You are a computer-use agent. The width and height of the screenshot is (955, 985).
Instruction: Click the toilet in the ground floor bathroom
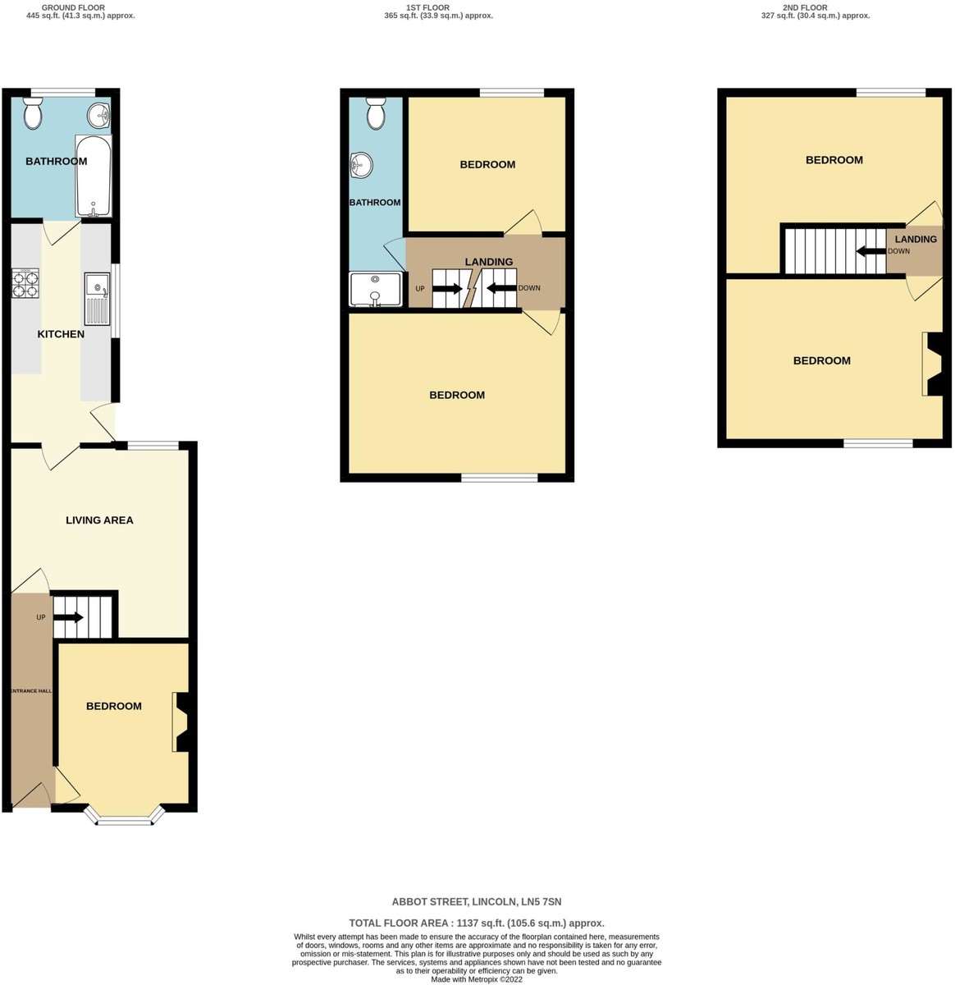(x=33, y=112)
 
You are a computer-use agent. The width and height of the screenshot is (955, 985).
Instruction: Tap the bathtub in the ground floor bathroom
(x=93, y=176)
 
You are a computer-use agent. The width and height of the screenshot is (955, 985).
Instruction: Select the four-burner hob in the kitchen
(x=25, y=283)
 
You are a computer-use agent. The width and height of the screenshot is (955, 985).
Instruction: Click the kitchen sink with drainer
(x=98, y=299)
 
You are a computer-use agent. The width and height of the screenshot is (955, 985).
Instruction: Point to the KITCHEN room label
(x=61, y=334)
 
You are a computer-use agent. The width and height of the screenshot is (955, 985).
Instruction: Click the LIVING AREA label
(x=99, y=520)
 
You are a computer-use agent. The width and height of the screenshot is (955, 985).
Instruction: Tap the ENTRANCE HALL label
(x=31, y=690)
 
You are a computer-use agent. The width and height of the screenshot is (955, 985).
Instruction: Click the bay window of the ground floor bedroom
(x=125, y=816)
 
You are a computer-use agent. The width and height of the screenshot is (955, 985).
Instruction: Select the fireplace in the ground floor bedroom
(x=180, y=722)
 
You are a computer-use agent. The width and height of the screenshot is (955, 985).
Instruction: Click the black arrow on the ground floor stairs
(x=69, y=617)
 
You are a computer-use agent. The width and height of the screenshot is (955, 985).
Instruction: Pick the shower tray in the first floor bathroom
(x=375, y=289)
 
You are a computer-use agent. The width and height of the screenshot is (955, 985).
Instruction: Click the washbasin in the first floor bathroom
(x=361, y=165)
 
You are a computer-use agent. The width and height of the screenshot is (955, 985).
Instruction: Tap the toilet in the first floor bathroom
(x=376, y=112)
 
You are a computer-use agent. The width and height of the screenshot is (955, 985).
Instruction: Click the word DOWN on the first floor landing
(x=529, y=288)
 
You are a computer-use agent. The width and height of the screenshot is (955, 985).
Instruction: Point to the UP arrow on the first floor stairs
(x=448, y=289)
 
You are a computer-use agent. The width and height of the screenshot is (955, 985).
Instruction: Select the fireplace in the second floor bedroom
(x=932, y=364)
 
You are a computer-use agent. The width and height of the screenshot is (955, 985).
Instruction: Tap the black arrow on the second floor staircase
(x=871, y=251)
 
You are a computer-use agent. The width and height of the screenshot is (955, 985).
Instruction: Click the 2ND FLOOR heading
(x=806, y=7)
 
